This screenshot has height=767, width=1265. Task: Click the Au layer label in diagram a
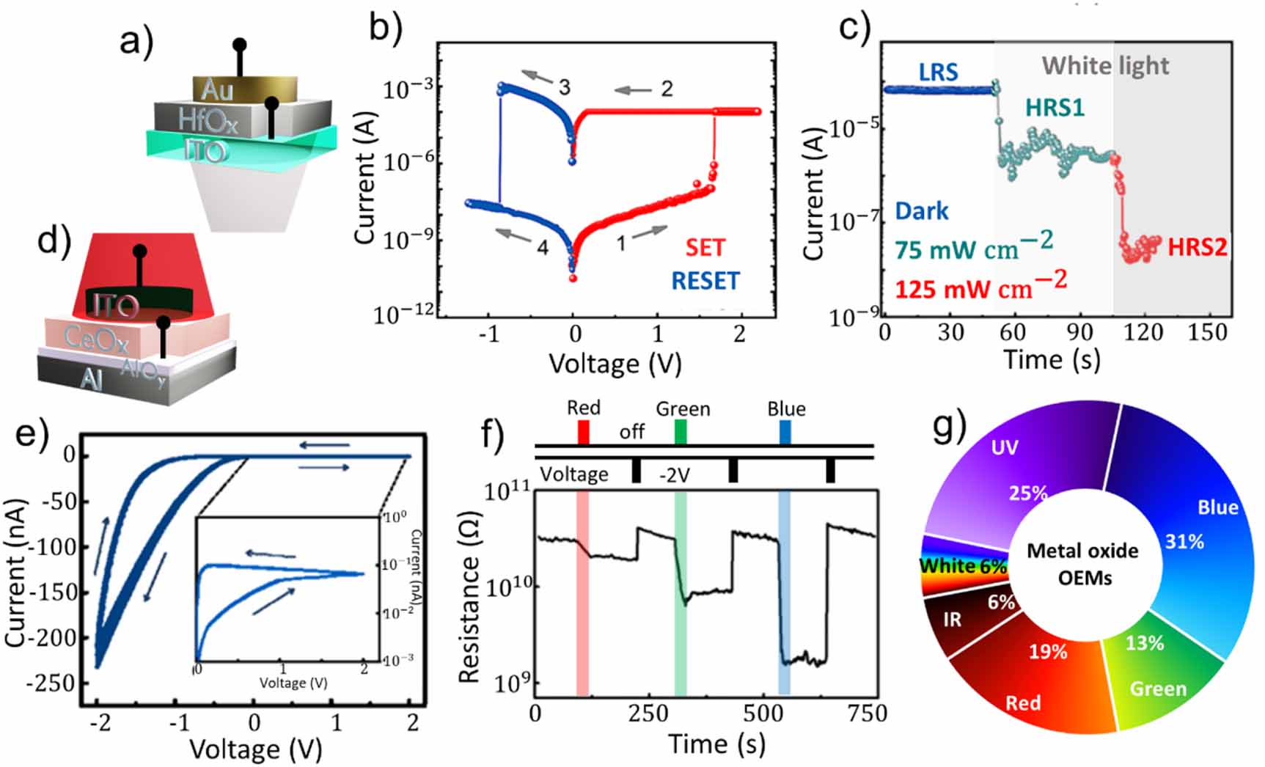(x=217, y=90)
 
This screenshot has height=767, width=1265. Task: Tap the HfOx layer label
(x=208, y=120)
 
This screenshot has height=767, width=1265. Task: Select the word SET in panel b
(x=705, y=248)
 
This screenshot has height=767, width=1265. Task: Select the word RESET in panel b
(x=705, y=281)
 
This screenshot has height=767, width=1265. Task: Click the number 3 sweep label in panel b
(x=564, y=88)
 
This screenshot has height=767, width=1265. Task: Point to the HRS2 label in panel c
(x=1197, y=248)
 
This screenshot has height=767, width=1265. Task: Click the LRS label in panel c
(x=938, y=73)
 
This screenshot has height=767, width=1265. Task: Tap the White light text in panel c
(x=1105, y=66)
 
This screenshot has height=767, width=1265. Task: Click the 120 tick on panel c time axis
(x=1143, y=333)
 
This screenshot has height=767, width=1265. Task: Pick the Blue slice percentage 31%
(x=1184, y=542)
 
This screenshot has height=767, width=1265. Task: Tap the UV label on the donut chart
(x=1004, y=447)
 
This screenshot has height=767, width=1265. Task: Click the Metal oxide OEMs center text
(x=1083, y=564)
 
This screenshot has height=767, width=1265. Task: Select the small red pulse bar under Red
(x=583, y=432)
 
